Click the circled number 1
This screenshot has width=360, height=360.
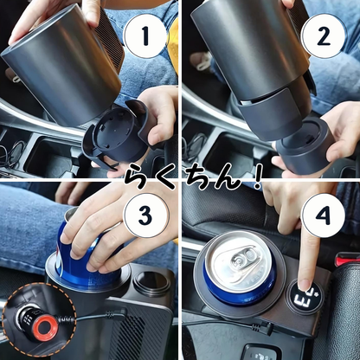click(x=145, y=36)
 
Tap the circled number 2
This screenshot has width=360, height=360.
click(x=323, y=36)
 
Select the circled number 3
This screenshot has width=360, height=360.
click(x=145, y=215)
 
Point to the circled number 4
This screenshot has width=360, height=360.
click(x=323, y=215)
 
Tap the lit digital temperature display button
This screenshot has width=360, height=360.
click(x=304, y=297)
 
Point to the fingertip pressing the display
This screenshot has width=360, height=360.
click(x=305, y=284)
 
